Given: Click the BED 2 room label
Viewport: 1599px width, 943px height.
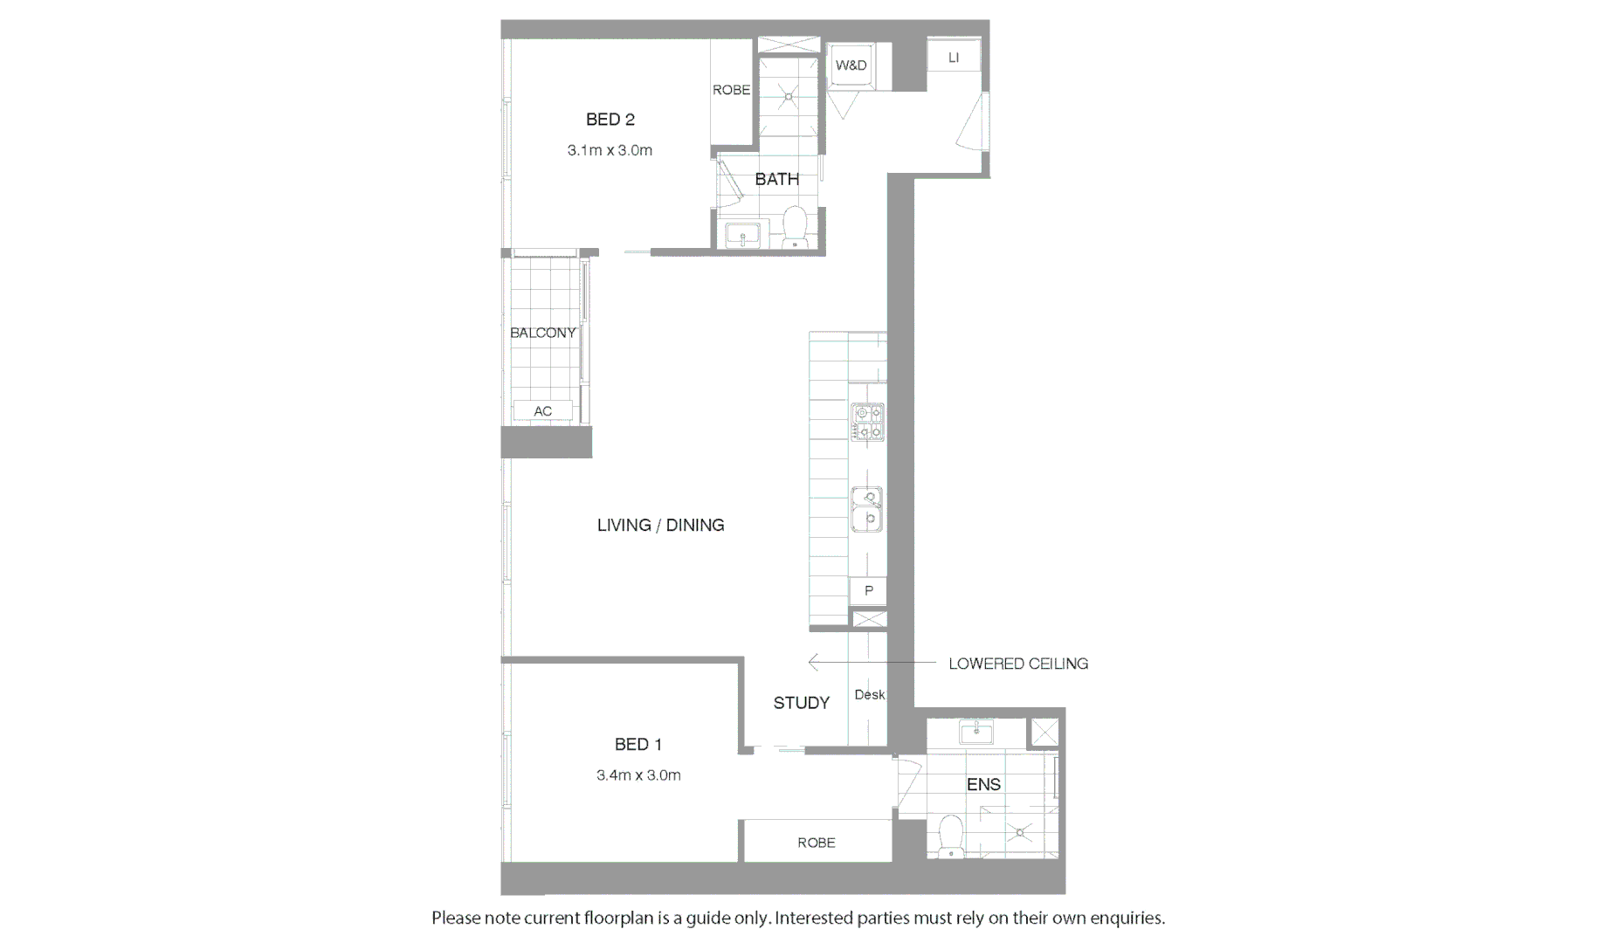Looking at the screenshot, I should [610, 120].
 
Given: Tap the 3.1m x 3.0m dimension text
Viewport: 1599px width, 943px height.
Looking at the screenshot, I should [610, 150].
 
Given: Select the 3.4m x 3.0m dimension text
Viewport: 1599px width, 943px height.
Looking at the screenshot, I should [638, 775].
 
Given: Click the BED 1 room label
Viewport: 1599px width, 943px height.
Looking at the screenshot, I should [638, 745].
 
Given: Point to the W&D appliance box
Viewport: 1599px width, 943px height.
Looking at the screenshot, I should [851, 65].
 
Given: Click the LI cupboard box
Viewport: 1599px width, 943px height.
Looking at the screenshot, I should [953, 58].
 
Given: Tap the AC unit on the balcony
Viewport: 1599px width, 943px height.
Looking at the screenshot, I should [542, 411].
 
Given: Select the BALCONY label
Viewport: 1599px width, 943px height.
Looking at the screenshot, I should [542, 333].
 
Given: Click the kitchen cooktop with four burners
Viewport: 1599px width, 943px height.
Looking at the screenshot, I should [867, 422].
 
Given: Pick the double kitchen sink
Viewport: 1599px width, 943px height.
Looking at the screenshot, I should [867, 510].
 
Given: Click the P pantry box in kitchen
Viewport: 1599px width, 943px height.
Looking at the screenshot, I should [868, 591].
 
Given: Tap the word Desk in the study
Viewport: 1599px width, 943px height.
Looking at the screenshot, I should [869, 695].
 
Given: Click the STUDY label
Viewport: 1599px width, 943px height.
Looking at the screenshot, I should [801, 703].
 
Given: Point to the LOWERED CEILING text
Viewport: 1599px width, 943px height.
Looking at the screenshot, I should [1017, 664].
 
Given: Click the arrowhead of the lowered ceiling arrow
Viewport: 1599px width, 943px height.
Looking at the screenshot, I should [812, 663].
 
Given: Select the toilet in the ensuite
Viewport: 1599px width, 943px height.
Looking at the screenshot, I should [949, 836].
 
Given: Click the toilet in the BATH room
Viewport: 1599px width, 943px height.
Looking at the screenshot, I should [795, 225].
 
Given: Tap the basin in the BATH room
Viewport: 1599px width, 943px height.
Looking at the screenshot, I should [743, 235].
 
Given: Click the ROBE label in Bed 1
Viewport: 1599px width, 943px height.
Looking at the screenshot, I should [816, 843].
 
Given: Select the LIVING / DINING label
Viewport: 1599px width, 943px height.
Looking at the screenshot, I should [660, 525].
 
